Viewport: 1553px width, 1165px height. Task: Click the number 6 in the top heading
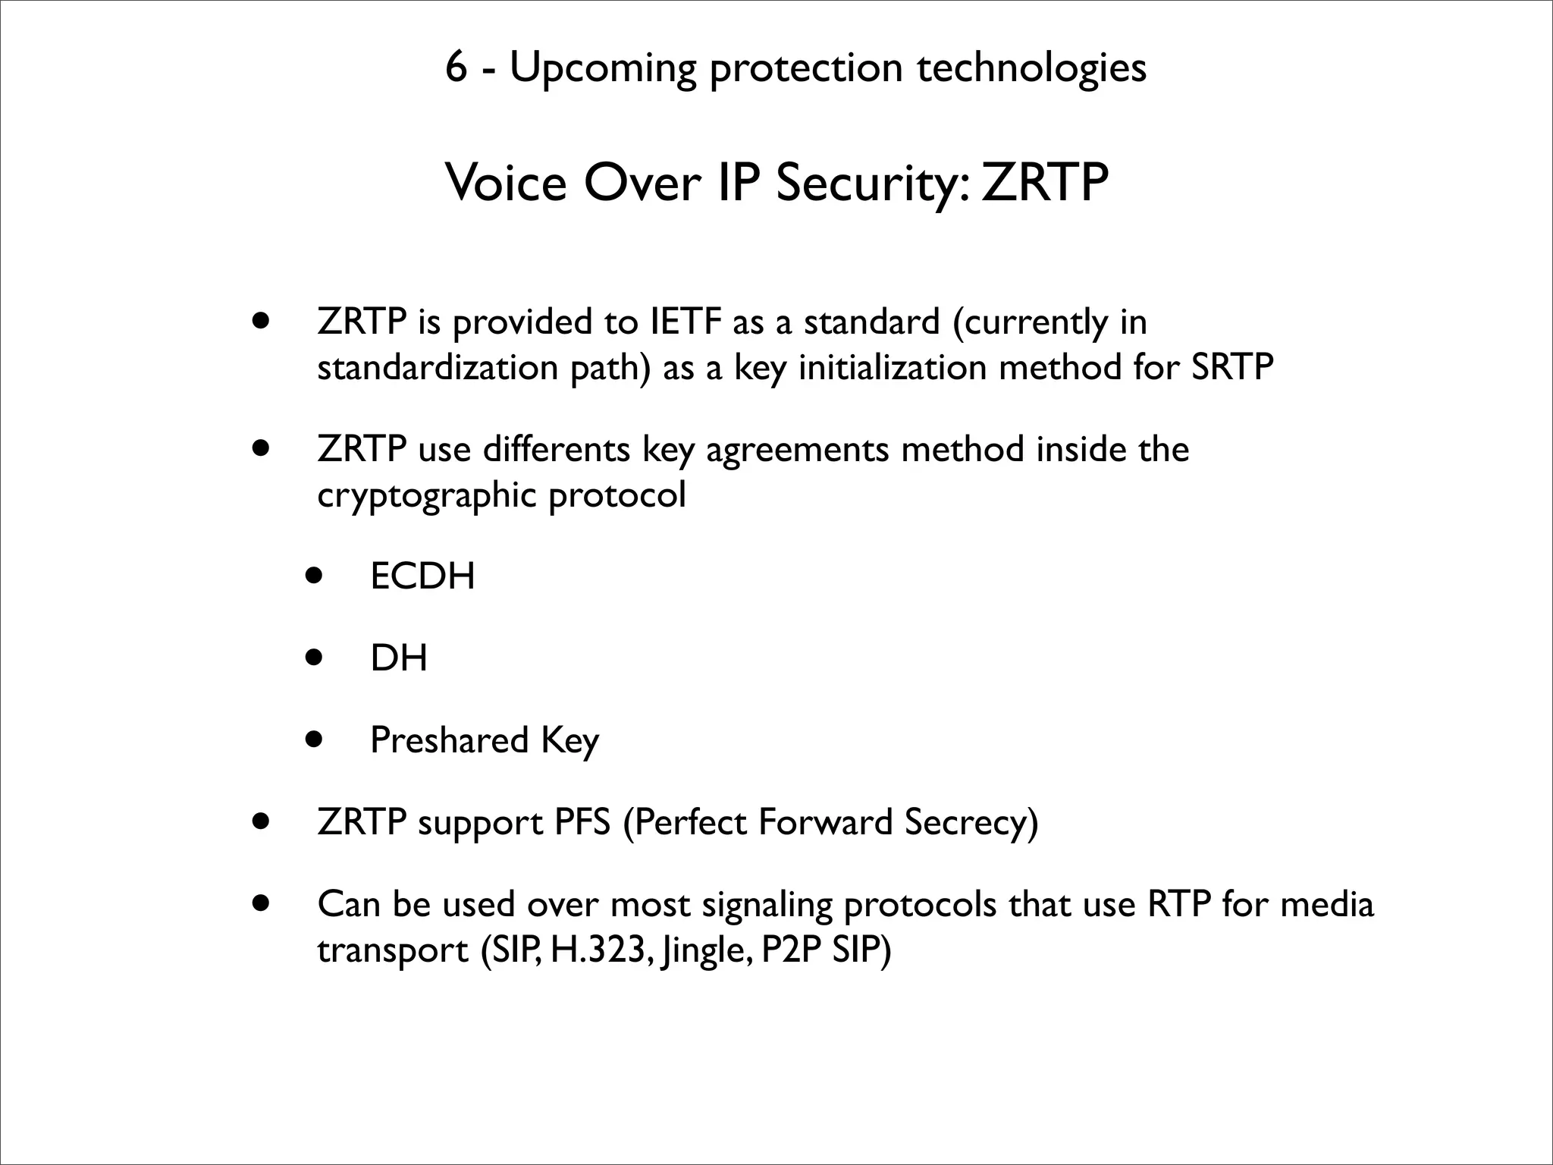[456, 68]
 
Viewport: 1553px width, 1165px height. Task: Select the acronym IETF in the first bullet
[686, 322]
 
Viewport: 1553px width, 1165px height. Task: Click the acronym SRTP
[1232, 368]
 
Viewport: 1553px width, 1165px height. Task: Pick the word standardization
[438, 368]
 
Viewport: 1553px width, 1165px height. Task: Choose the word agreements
[797, 450]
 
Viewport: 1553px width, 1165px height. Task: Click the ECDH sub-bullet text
[422, 576]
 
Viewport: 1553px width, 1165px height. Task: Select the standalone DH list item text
[399, 658]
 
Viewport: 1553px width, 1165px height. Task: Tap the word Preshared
[449, 740]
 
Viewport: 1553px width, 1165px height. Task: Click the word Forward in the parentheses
[825, 822]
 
